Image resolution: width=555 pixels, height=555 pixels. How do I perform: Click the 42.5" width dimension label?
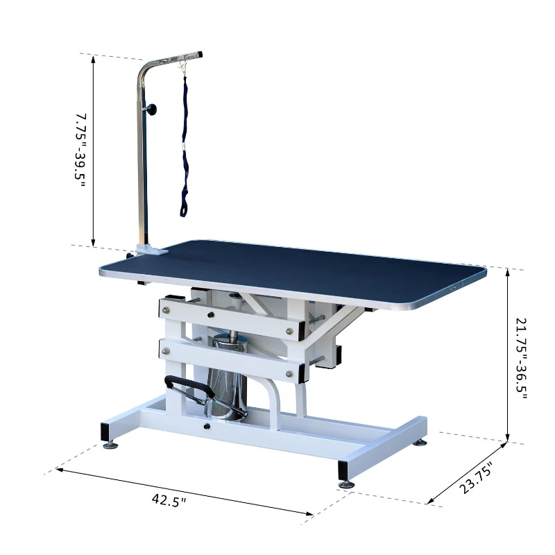[169, 499]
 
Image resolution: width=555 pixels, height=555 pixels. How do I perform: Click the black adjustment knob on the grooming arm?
[151, 109]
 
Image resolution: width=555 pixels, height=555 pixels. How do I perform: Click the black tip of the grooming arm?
[199, 53]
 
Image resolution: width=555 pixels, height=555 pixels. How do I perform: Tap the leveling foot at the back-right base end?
[420, 442]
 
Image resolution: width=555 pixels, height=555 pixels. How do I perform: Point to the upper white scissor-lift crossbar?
[232, 313]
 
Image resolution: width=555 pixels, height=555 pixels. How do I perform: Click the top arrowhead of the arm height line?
[93, 60]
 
